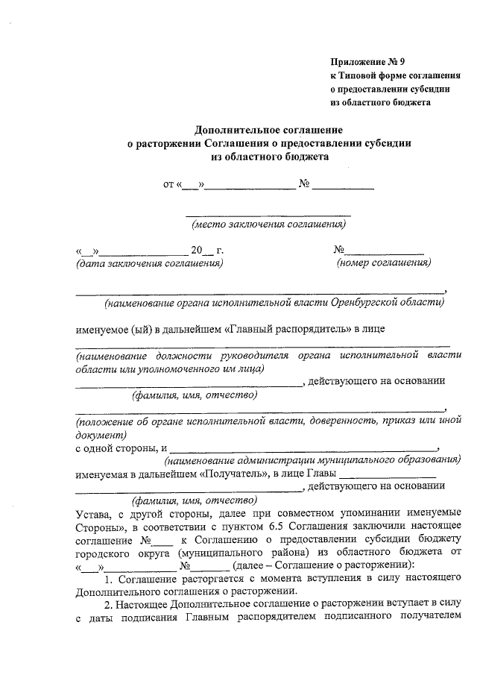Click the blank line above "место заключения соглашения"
(x=268, y=215)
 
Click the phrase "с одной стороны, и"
(x=121, y=448)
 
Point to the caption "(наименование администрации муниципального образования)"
(x=311, y=461)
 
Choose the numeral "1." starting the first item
(x=108, y=580)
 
